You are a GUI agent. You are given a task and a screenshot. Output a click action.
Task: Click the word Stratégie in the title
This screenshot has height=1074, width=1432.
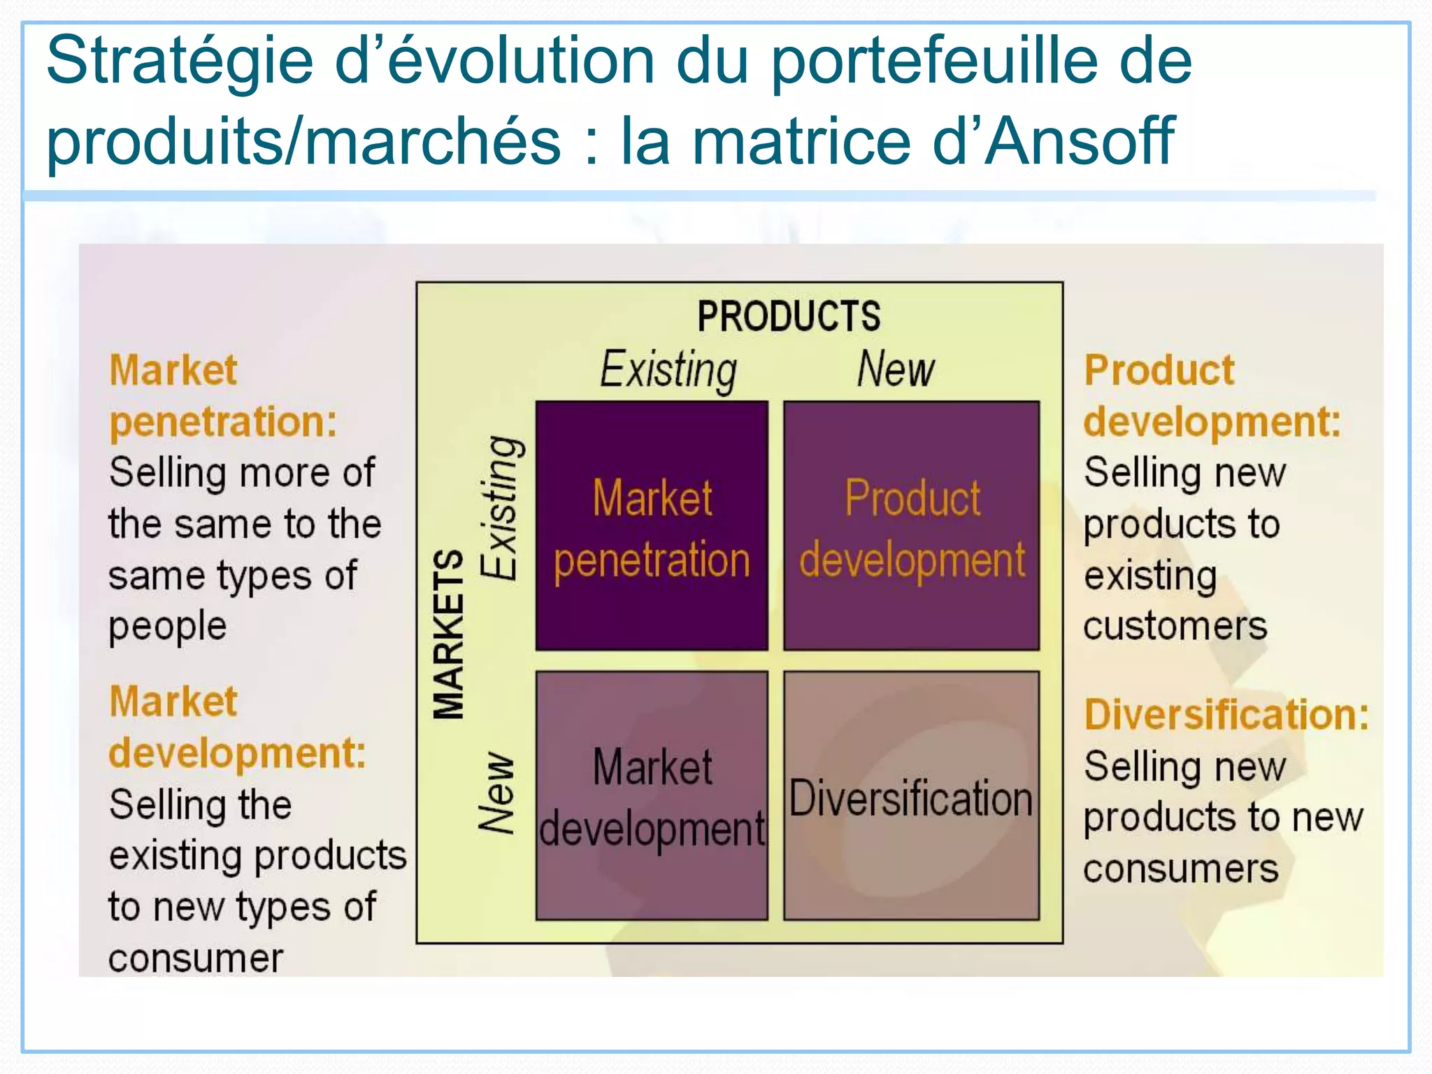pos(180,62)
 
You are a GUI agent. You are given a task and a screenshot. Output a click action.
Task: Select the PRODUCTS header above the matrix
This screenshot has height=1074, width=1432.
pos(789,316)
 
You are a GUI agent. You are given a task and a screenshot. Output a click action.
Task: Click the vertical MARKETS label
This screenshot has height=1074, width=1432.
pos(448,633)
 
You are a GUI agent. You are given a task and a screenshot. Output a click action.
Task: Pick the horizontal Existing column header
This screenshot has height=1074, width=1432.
pos(668,369)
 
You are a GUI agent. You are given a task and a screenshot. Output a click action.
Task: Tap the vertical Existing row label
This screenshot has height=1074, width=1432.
pos(501,508)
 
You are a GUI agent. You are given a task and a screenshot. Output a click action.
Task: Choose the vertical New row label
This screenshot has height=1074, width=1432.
pos(496,793)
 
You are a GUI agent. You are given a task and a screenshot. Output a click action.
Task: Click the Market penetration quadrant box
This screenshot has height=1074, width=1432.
pos(652,526)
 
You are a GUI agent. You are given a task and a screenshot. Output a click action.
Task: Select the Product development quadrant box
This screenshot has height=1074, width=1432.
pos(911,526)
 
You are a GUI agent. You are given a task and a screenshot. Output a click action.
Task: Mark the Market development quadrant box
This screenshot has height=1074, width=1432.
pos(652,796)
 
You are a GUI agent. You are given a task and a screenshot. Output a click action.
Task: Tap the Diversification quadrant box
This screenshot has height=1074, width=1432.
pos(911,796)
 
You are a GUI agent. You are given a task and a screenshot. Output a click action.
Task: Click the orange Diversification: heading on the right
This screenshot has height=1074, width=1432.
pos(1226,715)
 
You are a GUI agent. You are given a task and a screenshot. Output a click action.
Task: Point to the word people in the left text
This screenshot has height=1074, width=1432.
pos(168,626)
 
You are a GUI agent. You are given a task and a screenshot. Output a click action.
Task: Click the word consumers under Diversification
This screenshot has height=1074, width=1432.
pos(1181,869)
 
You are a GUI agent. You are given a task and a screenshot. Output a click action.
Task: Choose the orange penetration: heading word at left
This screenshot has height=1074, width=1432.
pos(224,422)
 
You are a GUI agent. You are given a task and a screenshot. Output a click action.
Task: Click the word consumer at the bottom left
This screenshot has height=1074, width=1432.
pos(196,958)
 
